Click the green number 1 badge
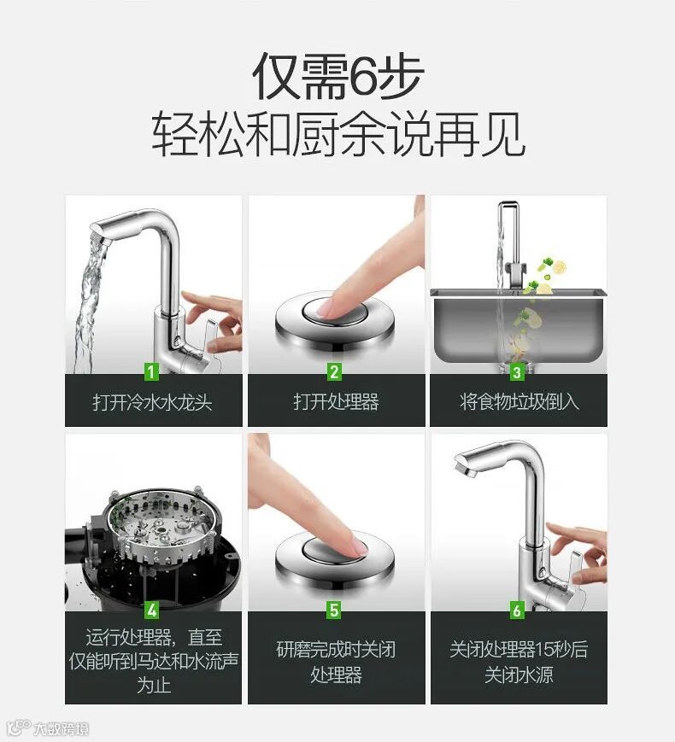[151, 371]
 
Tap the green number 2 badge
[334, 371]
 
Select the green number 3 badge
[517, 371]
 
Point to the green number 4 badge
[151, 610]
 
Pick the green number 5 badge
[334, 610]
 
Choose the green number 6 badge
[517, 610]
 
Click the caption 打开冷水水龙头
[152, 402]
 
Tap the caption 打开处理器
[336, 402]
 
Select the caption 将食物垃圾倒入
[519, 402]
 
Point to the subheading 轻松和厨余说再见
[337, 134]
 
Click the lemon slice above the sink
[559, 267]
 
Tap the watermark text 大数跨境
[62, 728]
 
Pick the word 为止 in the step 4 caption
[154, 684]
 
